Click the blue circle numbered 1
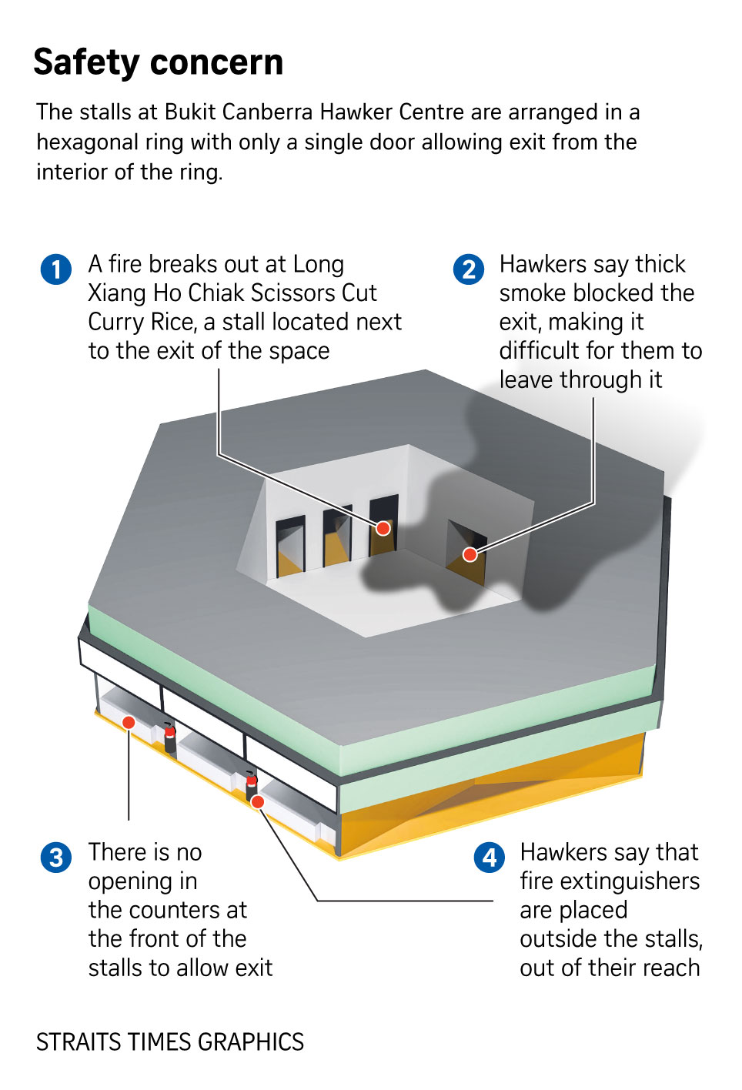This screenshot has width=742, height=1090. pos(56,269)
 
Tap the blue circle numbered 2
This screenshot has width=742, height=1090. pos(469,269)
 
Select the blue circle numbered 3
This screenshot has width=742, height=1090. pos(56,857)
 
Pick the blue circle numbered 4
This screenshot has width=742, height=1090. pos(490,857)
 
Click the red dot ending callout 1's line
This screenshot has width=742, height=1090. pos(383,528)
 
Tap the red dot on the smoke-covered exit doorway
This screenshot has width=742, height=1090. pos(470,554)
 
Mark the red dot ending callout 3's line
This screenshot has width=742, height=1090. pos(129,722)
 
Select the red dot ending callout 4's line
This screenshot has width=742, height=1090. pos(258,802)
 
